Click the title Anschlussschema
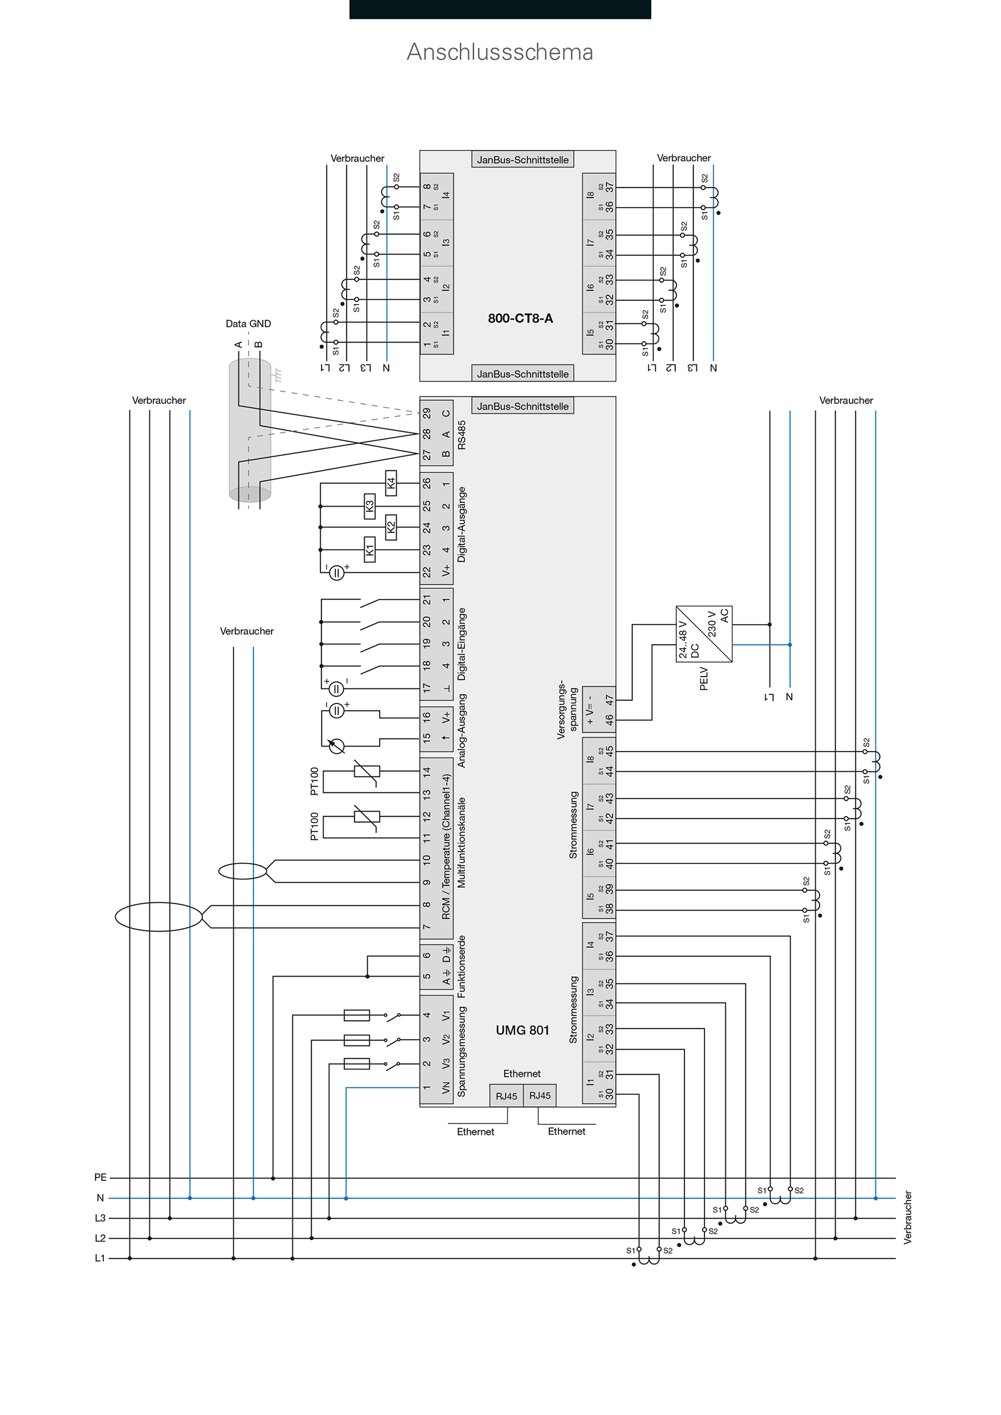coord(500,52)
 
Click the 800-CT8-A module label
coord(520,318)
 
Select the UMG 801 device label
coord(522,1030)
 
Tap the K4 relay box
coord(391,483)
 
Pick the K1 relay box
coord(370,550)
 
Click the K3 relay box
coord(370,506)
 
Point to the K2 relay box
coord(391,527)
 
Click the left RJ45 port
coord(506,1096)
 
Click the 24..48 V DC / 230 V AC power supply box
coord(704,634)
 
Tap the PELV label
coord(703,678)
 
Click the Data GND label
coord(248,324)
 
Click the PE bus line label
coord(100,1177)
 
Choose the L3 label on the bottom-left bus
coord(100,1218)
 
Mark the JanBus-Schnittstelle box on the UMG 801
coord(522,406)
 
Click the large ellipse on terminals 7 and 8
coord(159,917)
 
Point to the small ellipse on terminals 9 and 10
coord(243,871)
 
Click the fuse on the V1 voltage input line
coord(357,1015)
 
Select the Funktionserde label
coord(462,967)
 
